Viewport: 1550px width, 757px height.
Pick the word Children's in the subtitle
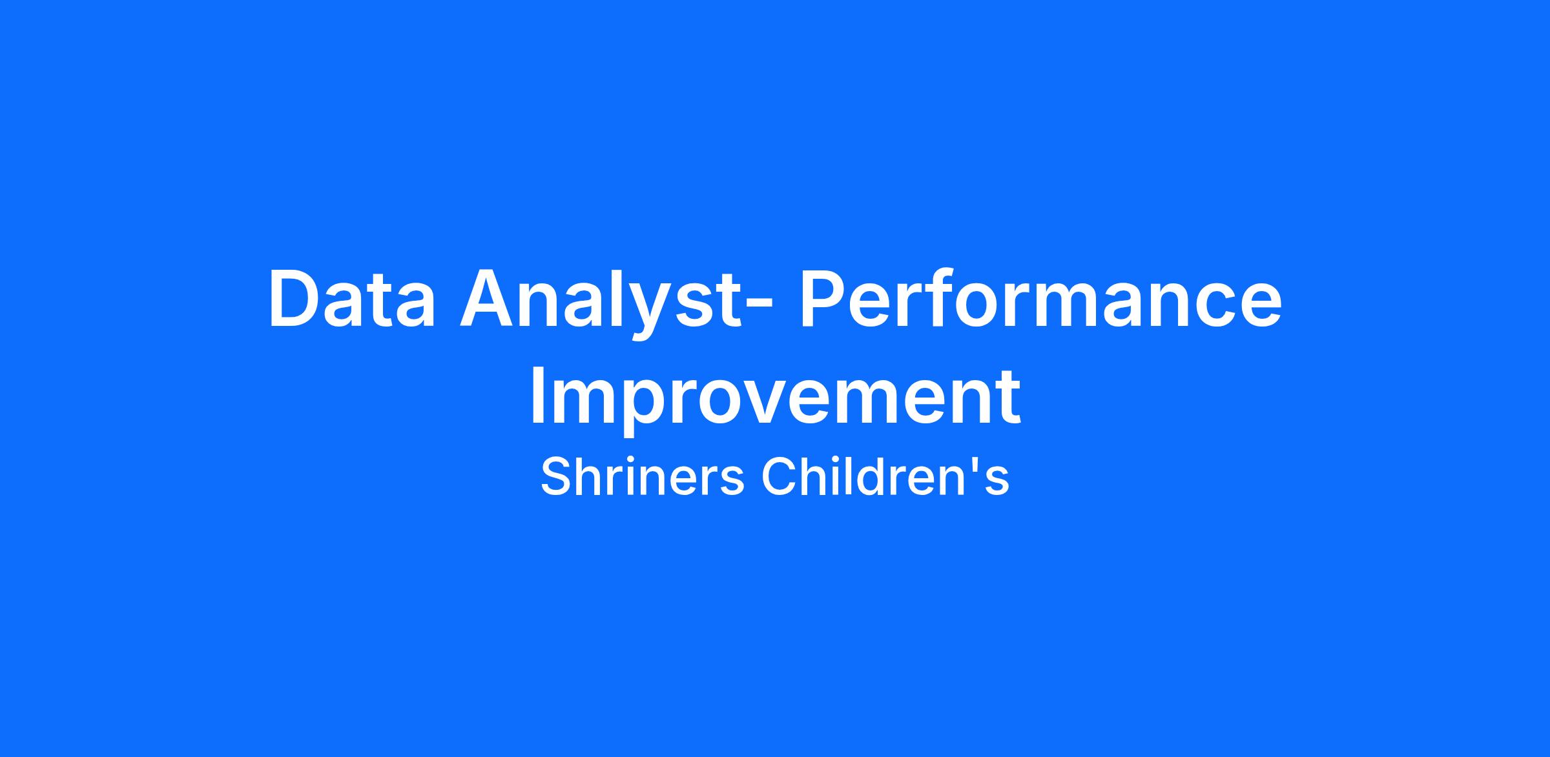pyautogui.click(x=885, y=478)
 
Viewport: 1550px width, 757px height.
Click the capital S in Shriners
pyautogui.click(x=557, y=478)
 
